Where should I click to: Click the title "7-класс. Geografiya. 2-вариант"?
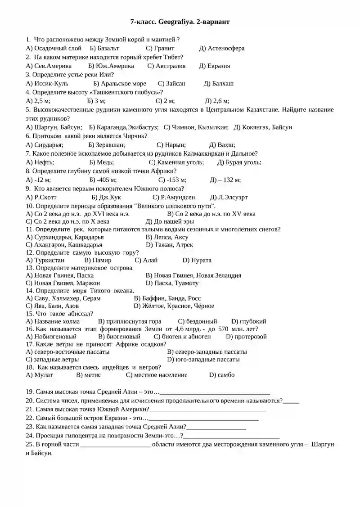(x=180, y=21)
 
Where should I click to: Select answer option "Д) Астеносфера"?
(x=222, y=48)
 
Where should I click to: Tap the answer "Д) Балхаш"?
(x=219, y=83)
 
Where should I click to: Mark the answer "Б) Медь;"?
(x=101, y=162)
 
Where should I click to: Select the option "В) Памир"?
(x=98, y=260)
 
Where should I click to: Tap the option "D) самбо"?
(x=222, y=374)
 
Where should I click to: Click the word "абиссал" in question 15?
(x=80, y=314)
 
